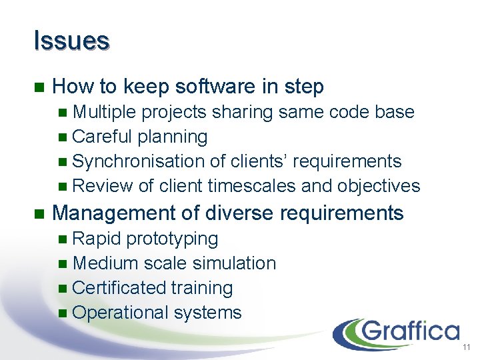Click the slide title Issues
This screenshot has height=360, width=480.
point(71,41)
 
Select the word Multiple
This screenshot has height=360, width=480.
point(104,112)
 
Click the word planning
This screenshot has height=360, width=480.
point(172,137)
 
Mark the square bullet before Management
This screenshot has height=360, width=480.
point(38,214)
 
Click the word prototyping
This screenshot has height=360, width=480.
point(172,239)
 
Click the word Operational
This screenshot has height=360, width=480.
point(121,313)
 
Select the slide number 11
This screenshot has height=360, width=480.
point(466,347)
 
